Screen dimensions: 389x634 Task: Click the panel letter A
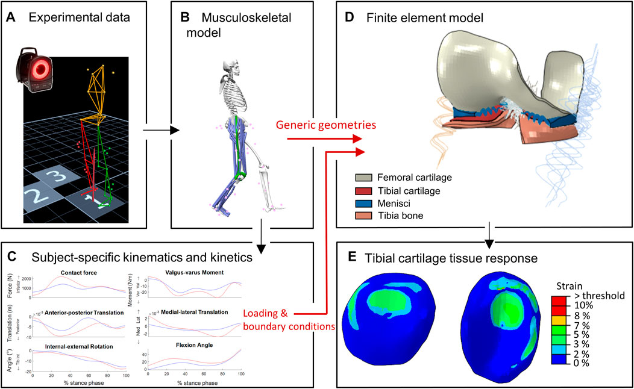click(11, 18)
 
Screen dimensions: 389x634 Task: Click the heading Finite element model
click(425, 19)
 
